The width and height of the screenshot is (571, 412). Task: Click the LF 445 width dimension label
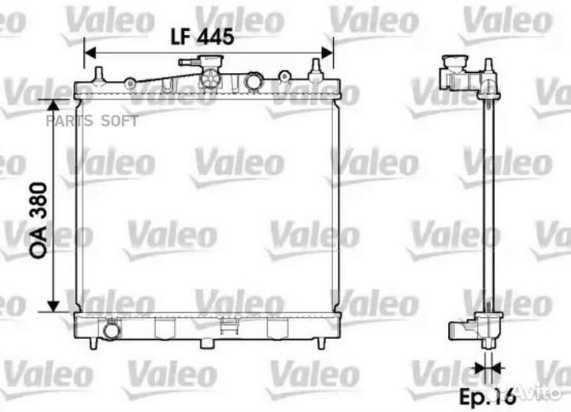coord(202,36)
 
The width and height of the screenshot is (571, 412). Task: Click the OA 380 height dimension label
coord(39,220)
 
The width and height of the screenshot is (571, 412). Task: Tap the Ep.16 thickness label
coord(488,396)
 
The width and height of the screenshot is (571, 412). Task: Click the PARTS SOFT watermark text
coord(92,121)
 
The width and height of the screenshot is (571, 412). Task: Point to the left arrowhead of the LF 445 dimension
coord(90,53)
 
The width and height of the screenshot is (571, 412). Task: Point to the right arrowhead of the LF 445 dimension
coord(327,53)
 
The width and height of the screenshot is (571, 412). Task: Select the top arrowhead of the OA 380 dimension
coord(53,105)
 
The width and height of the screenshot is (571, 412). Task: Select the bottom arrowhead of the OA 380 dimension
coord(53,307)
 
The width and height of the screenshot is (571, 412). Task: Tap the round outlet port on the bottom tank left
coord(112,330)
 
